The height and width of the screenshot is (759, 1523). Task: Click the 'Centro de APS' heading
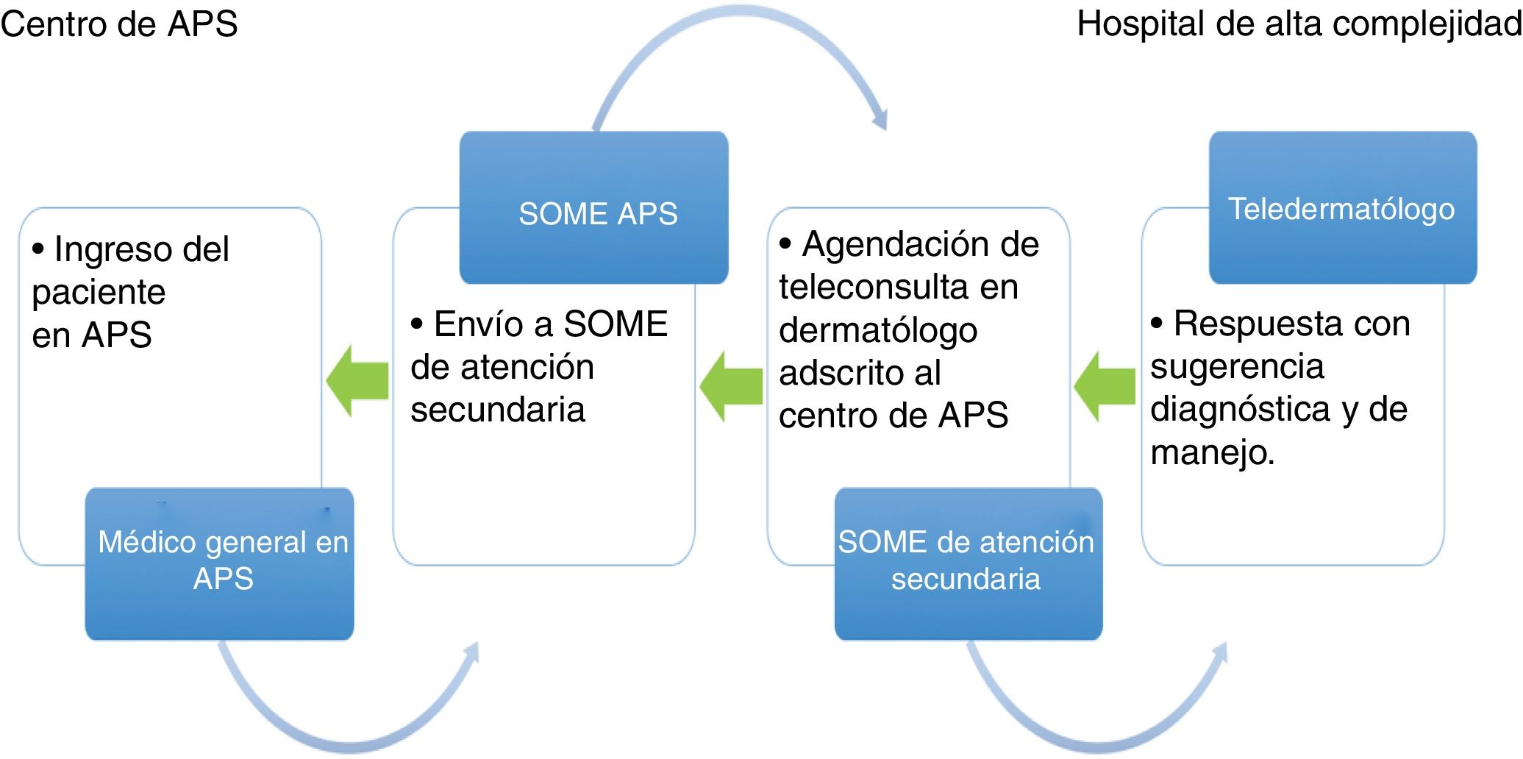119,24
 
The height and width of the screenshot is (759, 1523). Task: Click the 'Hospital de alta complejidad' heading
1299,24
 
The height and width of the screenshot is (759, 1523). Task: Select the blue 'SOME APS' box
594,207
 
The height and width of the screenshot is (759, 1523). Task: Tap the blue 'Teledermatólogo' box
1343,207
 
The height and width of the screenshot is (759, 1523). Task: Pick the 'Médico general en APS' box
220,563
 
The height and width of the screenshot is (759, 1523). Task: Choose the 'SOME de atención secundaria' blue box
969,563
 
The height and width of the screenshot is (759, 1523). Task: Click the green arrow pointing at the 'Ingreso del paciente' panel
357,381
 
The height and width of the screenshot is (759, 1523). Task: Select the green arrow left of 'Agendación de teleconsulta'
731,385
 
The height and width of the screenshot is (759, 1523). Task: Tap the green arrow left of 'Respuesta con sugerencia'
1105,385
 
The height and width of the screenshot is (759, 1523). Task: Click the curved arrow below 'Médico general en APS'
346,735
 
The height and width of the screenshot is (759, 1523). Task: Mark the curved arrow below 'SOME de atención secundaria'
1096,735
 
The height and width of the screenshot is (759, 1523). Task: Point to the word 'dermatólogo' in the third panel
878,331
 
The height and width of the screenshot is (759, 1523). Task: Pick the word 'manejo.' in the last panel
1212,453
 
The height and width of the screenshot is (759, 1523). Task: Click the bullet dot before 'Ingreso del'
38,249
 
